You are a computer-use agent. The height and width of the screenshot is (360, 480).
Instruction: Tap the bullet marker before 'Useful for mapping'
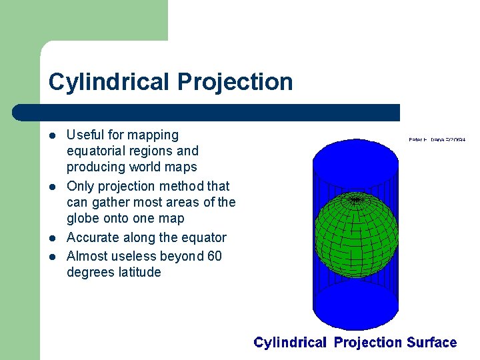[x=54, y=136]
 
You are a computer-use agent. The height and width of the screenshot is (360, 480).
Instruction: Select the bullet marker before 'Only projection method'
[x=54, y=187]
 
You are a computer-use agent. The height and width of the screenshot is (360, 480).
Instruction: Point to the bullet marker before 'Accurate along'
[x=54, y=238]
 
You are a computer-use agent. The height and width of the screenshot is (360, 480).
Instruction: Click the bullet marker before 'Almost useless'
[x=54, y=257]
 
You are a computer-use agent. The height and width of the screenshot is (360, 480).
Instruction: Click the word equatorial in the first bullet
[x=97, y=151]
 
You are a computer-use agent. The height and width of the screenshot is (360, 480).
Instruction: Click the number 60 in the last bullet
[x=214, y=256]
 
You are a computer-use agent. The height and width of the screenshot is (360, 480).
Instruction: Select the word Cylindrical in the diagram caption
[x=290, y=343]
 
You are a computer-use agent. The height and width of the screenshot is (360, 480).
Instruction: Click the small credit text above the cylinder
[x=437, y=139]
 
